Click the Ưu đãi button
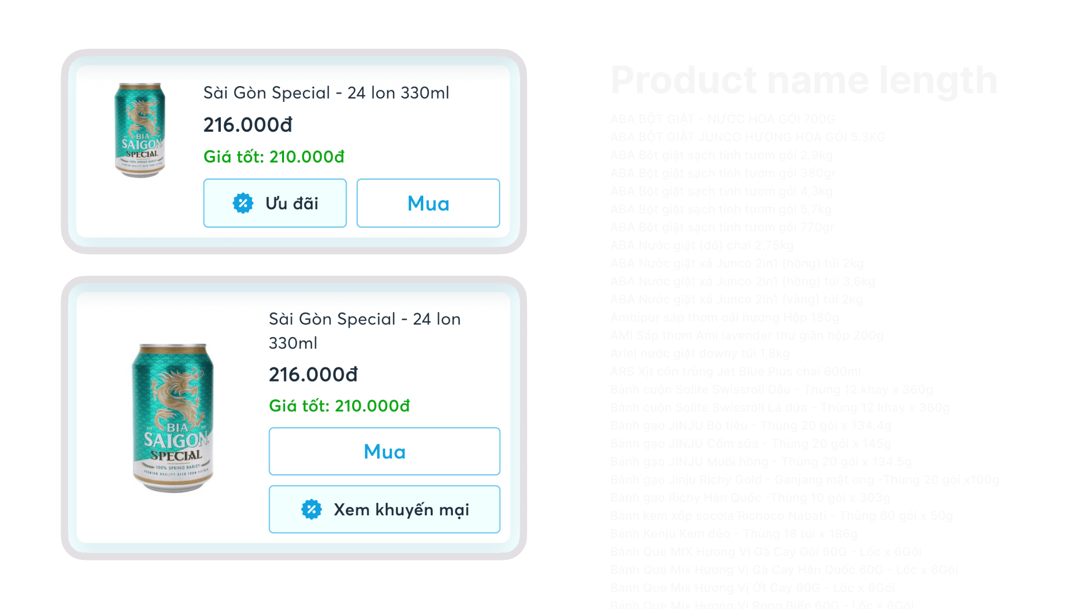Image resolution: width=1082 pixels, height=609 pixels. click(x=275, y=203)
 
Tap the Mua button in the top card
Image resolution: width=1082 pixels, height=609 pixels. click(x=428, y=203)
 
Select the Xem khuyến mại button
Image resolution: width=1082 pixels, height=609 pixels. click(x=384, y=509)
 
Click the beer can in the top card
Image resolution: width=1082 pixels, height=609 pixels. click(x=140, y=130)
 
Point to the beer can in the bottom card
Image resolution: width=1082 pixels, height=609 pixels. click(x=173, y=418)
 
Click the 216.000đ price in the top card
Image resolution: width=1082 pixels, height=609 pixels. click(x=248, y=125)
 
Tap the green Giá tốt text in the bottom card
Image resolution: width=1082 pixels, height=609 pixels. click(x=339, y=406)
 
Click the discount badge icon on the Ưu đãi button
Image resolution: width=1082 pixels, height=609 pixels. click(x=243, y=203)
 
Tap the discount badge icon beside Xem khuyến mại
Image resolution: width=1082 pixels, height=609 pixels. click(x=311, y=509)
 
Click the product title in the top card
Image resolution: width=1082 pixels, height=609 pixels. click(x=326, y=93)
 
